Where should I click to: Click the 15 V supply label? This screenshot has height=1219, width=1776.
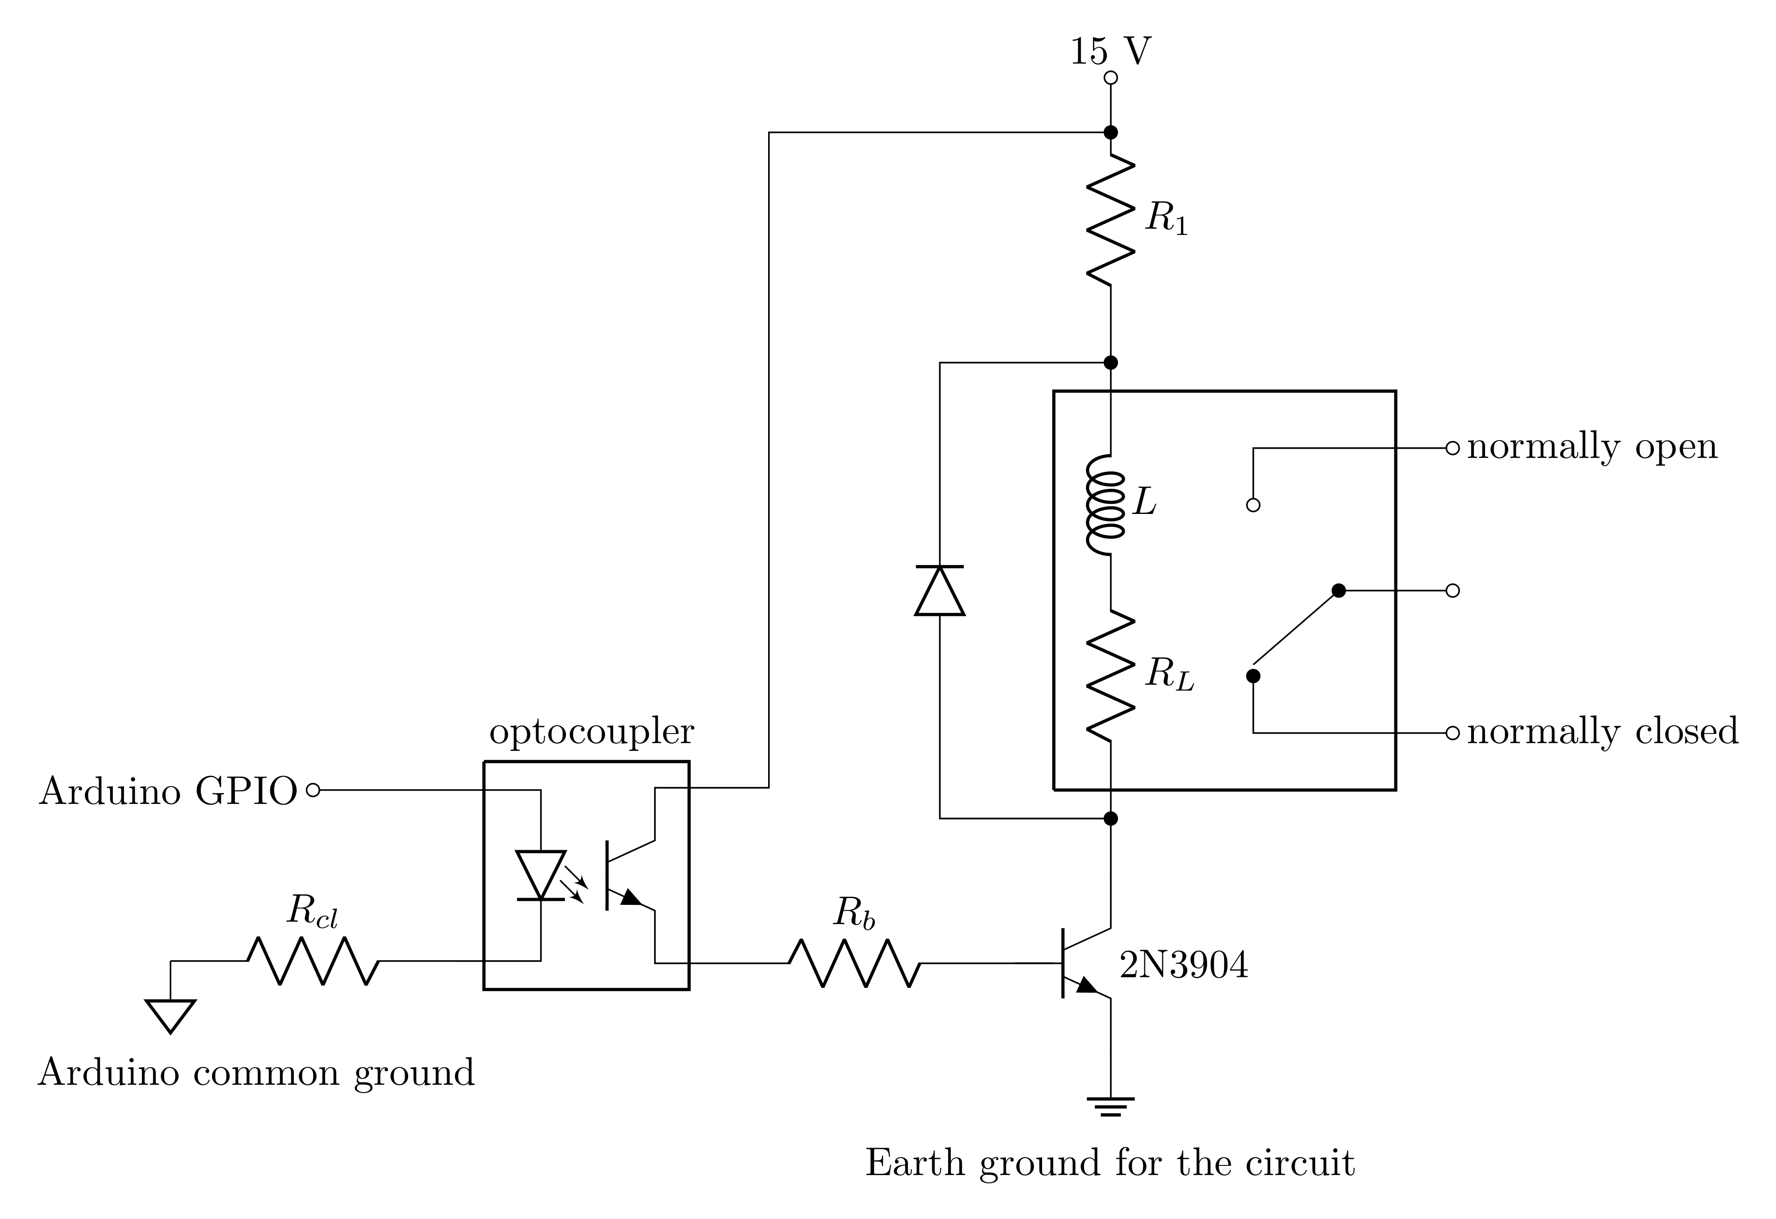point(1110,52)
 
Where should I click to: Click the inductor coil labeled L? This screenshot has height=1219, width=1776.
point(1106,505)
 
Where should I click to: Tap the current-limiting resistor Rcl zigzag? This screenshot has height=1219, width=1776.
point(313,961)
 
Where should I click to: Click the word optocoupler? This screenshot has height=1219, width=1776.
point(592,732)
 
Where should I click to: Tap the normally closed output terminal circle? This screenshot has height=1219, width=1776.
point(1453,733)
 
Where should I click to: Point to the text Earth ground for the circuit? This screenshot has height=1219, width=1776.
point(1110,1163)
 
